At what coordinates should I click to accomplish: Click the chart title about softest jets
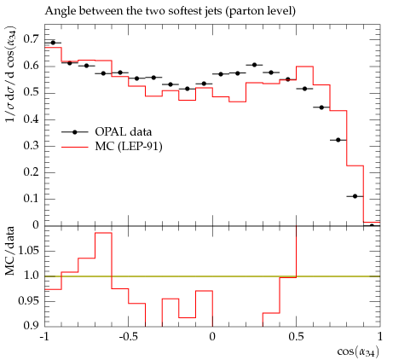(170, 11)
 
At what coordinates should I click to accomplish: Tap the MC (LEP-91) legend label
(129, 147)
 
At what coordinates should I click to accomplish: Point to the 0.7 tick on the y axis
(31, 39)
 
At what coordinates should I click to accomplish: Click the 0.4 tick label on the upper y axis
(31, 119)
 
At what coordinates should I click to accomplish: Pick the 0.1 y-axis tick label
(31, 199)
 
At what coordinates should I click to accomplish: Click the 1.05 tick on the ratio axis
(28, 251)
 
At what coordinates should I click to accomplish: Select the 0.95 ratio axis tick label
(28, 300)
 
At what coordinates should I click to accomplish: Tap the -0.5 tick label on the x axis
(129, 337)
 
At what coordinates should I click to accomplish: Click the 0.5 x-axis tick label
(296, 337)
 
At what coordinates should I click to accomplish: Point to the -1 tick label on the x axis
(44, 337)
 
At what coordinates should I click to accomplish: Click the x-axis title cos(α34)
(358, 352)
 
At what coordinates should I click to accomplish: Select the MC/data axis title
(9, 251)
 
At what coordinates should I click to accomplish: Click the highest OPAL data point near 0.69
(53, 43)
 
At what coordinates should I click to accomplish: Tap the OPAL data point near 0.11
(355, 196)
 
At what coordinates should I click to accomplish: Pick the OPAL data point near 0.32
(338, 140)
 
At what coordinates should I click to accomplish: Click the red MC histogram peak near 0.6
(304, 67)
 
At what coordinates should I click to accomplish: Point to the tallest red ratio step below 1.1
(103, 233)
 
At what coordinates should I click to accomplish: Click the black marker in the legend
(75, 132)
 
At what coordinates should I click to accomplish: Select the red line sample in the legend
(75, 147)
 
